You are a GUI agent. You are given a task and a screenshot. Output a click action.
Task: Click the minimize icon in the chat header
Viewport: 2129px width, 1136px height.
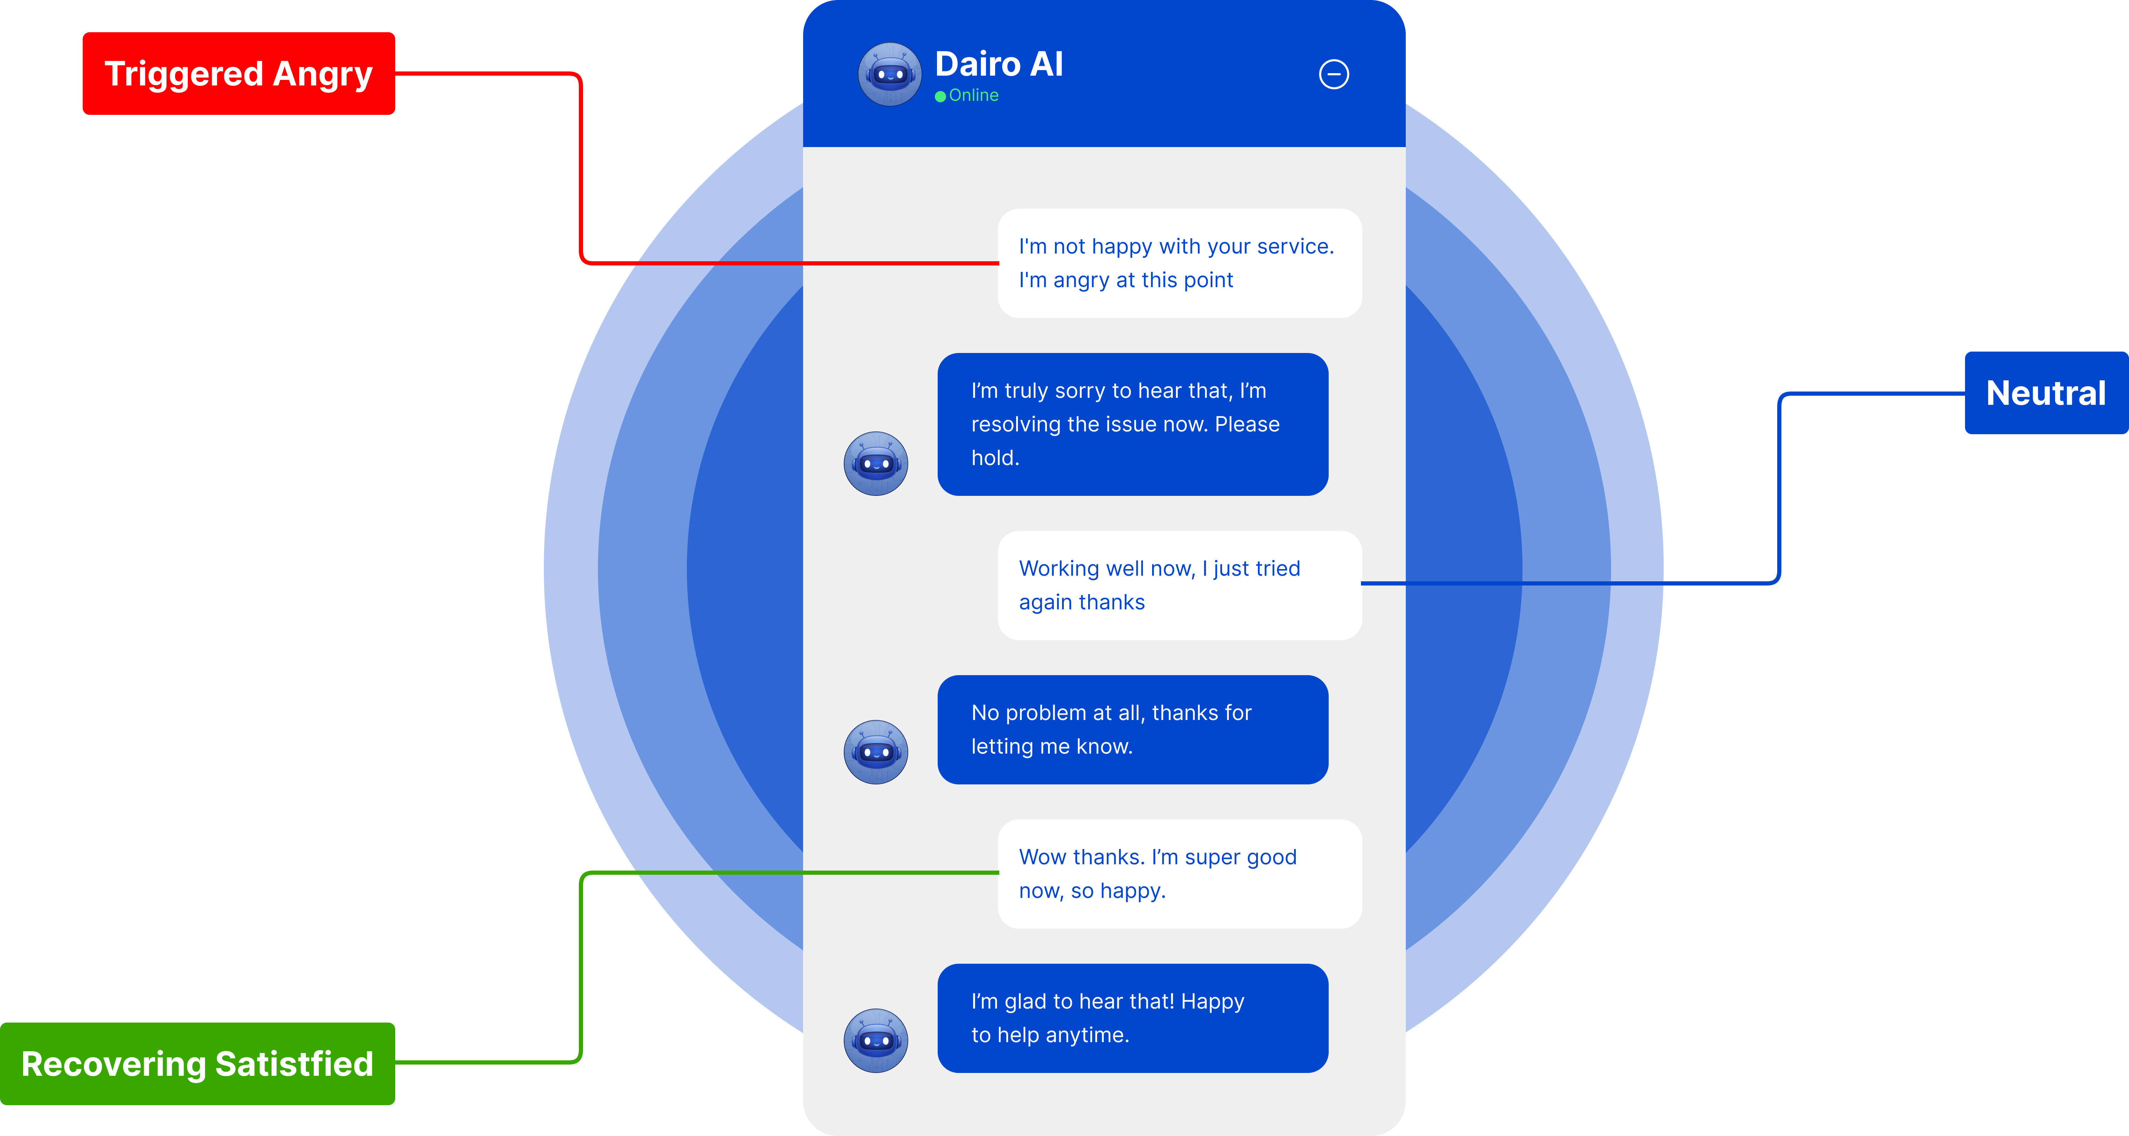pyautogui.click(x=1333, y=74)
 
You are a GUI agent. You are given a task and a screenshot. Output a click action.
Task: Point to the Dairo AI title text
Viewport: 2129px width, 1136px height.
pyautogui.click(x=998, y=64)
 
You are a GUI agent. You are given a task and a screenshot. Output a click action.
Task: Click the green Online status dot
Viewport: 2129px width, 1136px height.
pyautogui.click(x=940, y=97)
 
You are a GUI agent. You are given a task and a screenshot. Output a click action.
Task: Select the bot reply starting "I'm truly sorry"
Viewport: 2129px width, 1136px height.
pyautogui.click(x=1132, y=424)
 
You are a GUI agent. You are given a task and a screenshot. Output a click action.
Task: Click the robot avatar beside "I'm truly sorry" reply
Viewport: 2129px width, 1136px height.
pyautogui.click(x=875, y=464)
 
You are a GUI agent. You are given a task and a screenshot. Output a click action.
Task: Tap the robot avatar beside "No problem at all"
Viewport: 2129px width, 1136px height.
pyautogui.click(x=875, y=752)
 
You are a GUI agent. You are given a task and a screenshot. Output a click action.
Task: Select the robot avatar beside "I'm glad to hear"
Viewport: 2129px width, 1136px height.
pyautogui.click(x=875, y=1040)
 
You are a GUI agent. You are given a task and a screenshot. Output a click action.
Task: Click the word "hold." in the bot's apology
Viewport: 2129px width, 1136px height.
pyautogui.click(x=995, y=458)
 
